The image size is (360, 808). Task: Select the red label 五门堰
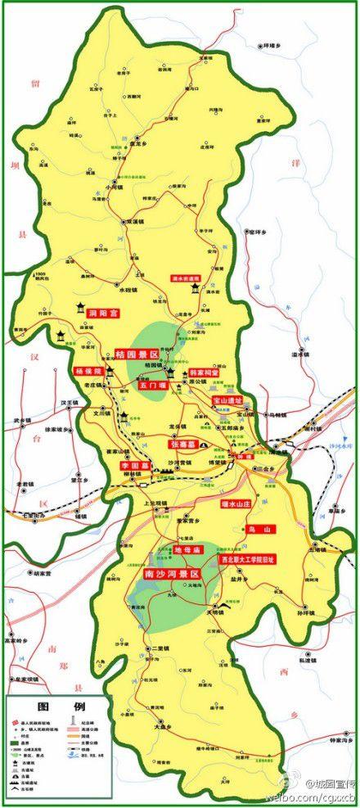pyautogui.click(x=152, y=385)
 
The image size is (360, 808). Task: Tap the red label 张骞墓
pyautogui.click(x=185, y=443)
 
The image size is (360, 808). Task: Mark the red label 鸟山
pyautogui.click(x=259, y=530)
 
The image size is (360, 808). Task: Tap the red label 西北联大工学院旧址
pyautogui.click(x=246, y=560)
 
